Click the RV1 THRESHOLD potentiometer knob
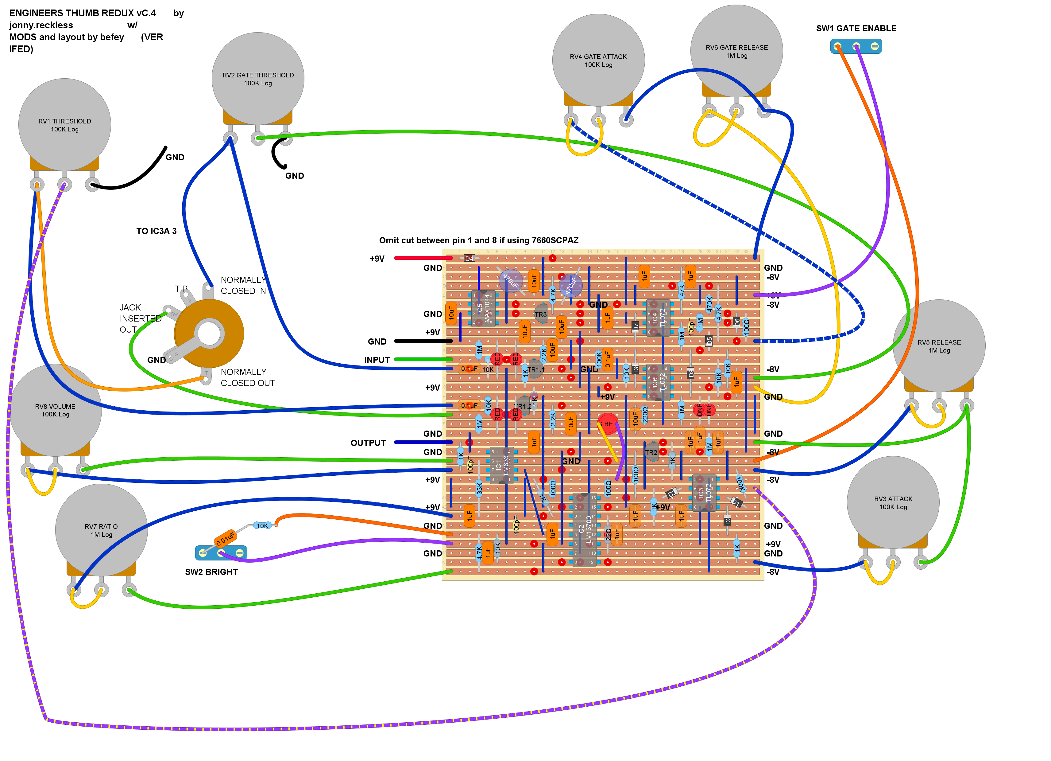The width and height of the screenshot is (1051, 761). click(64, 125)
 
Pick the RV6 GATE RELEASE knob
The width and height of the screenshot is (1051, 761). click(736, 51)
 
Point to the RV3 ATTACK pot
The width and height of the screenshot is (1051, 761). click(893, 502)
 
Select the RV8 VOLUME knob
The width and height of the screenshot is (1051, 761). click(55, 410)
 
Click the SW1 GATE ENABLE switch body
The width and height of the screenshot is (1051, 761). click(856, 46)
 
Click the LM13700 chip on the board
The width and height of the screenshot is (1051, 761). click(584, 529)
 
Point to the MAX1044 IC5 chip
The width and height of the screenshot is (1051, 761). click(483, 308)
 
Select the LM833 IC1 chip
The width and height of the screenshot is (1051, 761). click(501, 465)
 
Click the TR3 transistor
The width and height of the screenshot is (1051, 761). click(540, 314)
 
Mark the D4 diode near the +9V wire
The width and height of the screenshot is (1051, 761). click(469, 258)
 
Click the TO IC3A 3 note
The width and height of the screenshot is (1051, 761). click(156, 231)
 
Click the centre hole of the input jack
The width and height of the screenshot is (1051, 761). click(209, 334)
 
